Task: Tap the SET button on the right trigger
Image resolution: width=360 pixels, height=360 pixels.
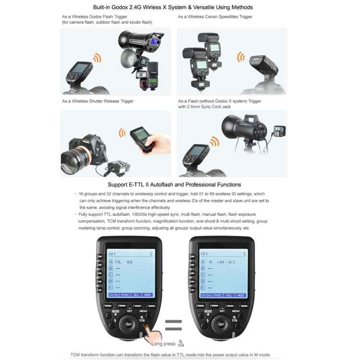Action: (x=221, y=324)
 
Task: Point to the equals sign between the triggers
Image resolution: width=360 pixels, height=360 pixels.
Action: (x=174, y=325)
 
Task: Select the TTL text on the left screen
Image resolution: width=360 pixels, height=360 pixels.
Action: (x=118, y=262)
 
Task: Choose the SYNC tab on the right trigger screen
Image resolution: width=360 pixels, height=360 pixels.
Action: (x=217, y=295)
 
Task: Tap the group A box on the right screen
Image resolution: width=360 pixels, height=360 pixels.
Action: (x=203, y=262)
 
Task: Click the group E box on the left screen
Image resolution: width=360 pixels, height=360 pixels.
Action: (x=110, y=287)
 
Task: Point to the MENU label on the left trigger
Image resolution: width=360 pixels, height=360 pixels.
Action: (x=143, y=311)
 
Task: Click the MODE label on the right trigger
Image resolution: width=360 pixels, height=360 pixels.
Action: (x=208, y=311)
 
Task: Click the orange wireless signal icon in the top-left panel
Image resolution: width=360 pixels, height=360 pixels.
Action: (x=97, y=58)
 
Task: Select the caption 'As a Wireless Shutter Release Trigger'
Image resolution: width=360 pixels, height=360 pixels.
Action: (x=97, y=101)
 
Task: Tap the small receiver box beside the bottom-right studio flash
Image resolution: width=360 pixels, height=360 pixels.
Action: (x=277, y=131)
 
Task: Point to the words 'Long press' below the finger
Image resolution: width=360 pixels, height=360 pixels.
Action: (x=163, y=344)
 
